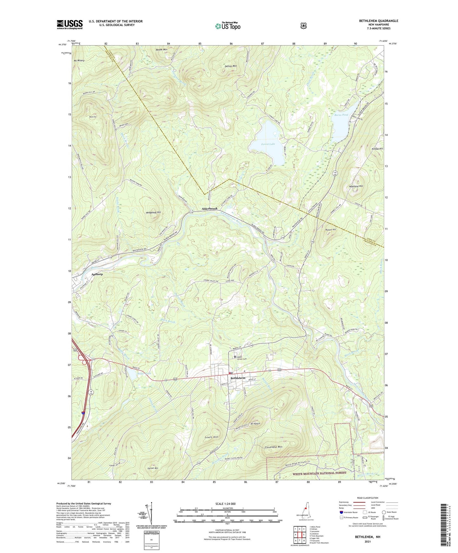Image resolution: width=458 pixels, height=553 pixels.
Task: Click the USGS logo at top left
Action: pos(70,24)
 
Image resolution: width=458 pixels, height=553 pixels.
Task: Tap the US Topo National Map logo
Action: pos(228,26)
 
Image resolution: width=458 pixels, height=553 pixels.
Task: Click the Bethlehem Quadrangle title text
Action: pos(378,21)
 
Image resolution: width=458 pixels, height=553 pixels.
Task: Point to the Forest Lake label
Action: pos(268,144)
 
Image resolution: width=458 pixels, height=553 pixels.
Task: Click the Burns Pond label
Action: pos(341,115)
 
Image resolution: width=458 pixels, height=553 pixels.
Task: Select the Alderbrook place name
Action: pos(210,209)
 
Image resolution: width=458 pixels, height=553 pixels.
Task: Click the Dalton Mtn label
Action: pos(230,66)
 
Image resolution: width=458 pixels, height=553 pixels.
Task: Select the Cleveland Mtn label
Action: pos(273,447)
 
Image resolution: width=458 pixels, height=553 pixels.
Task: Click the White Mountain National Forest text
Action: pos(319,473)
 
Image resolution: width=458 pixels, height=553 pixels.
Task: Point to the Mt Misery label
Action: pos(79,60)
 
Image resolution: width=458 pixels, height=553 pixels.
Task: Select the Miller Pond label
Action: pos(144,373)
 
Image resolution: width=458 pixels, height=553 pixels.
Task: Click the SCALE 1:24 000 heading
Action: pos(225,504)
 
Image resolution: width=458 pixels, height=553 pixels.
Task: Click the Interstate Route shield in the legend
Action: pos(341,512)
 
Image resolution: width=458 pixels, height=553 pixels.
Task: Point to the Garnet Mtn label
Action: pos(153,468)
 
